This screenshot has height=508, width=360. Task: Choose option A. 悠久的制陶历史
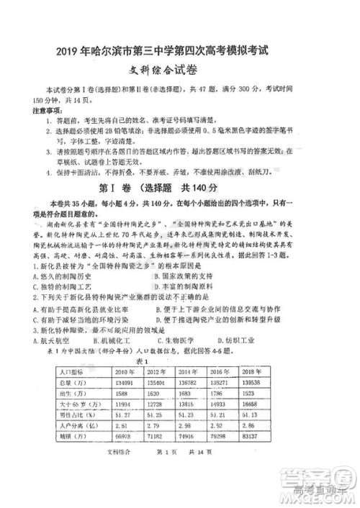62,276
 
